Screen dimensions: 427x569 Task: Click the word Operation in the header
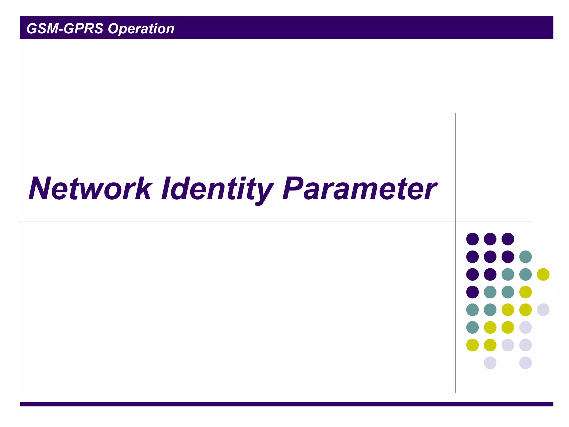tap(141, 29)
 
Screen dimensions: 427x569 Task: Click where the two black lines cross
tap(455, 222)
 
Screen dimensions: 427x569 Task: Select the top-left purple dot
tap(472, 239)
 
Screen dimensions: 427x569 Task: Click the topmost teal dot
tap(525, 257)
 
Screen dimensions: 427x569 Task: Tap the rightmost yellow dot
tap(543, 274)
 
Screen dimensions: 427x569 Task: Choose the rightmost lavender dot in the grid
tap(543, 310)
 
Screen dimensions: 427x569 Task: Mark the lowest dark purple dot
tap(472, 292)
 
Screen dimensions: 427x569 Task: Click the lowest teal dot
tap(472, 327)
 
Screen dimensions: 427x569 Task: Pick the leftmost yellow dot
tap(472, 345)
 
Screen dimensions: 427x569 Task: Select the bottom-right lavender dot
tap(525, 363)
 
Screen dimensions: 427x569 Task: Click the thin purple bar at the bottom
tap(286, 404)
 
